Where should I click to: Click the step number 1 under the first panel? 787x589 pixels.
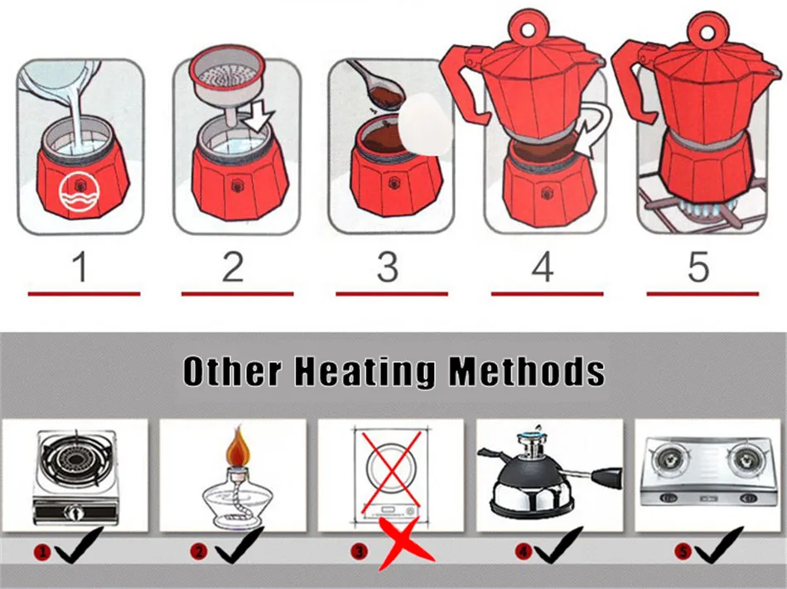(x=81, y=267)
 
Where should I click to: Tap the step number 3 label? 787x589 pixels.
(x=388, y=267)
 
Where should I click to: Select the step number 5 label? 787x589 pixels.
(x=698, y=267)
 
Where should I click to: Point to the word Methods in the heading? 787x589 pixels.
(x=526, y=372)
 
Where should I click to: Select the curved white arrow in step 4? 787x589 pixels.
(x=597, y=129)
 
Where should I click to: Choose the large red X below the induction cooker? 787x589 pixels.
(x=406, y=544)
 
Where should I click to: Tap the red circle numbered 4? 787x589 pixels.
(x=523, y=552)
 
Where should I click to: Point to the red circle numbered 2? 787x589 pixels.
(x=198, y=552)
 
